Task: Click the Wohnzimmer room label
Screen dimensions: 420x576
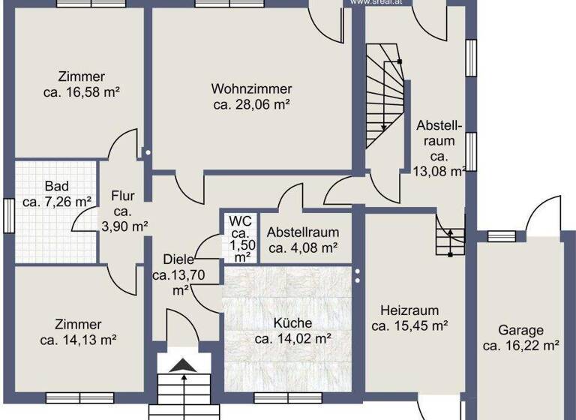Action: click(250, 88)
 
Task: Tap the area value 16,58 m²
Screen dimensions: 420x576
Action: click(82, 91)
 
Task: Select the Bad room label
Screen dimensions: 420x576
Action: click(56, 186)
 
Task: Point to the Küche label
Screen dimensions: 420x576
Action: click(292, 323)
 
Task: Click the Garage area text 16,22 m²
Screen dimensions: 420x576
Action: click(521, 346)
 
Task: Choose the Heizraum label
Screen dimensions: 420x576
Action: click(409, 310)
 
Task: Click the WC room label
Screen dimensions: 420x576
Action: click(240, 221)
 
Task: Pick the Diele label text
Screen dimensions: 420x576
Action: click(168, 259)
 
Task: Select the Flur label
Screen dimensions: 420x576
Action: click(123, 196)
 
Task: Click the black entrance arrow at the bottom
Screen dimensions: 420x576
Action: click(181, 365)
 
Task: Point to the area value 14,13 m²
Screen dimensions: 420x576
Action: click(78, 340)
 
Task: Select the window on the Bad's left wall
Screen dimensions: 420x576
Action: click(7, 213)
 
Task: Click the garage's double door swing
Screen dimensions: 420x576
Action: click(544, 214)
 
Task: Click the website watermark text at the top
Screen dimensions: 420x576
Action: click(371, 3)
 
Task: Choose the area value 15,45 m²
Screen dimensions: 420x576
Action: click(409, 326)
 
